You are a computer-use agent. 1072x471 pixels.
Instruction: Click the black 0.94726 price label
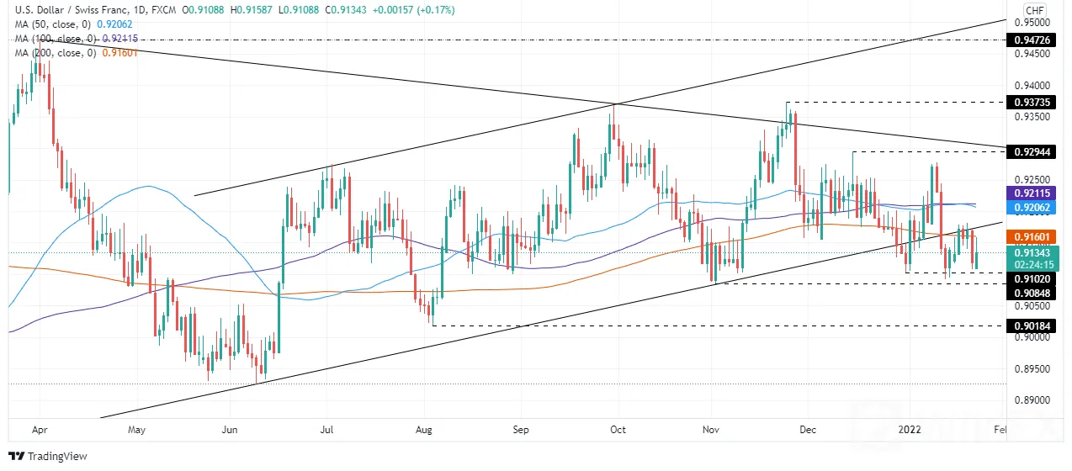coord(1032,40)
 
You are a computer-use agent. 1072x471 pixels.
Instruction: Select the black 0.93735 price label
coord(1032,103)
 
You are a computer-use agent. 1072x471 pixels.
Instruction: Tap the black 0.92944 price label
coord(1032,152)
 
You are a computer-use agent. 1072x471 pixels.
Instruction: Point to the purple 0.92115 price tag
coord(1032,193)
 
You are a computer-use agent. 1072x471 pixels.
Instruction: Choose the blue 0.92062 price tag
coord(1032,208)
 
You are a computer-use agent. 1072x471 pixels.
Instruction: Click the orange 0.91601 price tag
coord(1032,237)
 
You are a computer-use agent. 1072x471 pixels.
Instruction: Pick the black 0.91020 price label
coord(1032,279)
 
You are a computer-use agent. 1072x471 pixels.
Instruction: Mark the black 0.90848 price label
coord(1032,294)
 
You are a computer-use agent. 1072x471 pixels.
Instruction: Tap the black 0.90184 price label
coord(1032,326)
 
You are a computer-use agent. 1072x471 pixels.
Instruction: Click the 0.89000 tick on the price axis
coord(1032,400)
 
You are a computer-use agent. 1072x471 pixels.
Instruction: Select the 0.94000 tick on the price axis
coord(1032,86)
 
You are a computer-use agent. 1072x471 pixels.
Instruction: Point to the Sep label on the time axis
coord(521,430)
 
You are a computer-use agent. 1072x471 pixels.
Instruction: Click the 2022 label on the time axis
coord(910,430)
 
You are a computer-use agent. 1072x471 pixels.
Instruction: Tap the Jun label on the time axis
coord(230,430)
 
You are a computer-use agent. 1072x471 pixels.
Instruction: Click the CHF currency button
coord(1035,10)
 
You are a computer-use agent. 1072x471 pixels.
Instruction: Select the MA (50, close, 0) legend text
coord(54,24)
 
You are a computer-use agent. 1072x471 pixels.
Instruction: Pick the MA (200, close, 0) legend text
coord(56,53)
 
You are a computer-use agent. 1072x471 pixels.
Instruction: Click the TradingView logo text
coord(57,456)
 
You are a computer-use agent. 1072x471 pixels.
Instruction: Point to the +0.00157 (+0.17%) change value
coord(413,9)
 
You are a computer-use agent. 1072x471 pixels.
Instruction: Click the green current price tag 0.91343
coord(1032,258)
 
